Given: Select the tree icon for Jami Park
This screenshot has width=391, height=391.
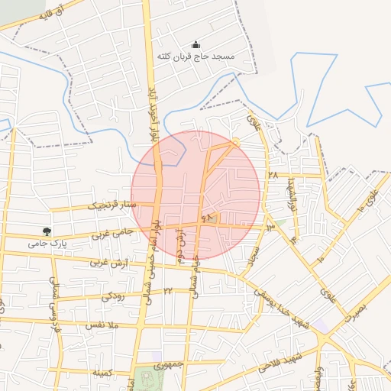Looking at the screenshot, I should click(48, 231).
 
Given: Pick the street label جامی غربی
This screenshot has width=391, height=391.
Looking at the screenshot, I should click(112, 232).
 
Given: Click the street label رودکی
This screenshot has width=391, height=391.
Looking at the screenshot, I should click(114, 295).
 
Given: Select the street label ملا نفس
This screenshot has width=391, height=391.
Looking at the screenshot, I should click(105, 325).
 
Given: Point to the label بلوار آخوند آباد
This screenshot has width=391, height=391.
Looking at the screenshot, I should click(153, 115).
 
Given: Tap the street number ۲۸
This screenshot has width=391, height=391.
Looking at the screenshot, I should click(273, 175).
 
